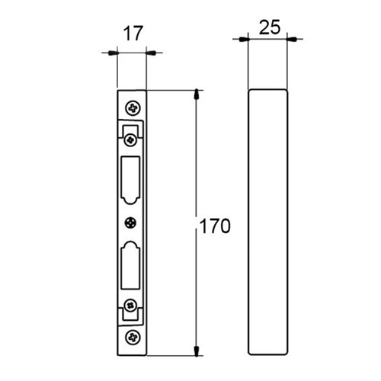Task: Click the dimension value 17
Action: [133, 34]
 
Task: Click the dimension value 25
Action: [270, 27]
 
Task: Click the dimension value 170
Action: [215, 226]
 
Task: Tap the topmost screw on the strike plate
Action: [133, 108]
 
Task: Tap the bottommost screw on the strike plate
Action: [133, 338]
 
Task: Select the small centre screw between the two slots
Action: [130, 223]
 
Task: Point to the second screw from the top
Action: [130, 140]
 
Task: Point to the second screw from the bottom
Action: [130, 305]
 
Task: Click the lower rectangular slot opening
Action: [130, 265]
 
